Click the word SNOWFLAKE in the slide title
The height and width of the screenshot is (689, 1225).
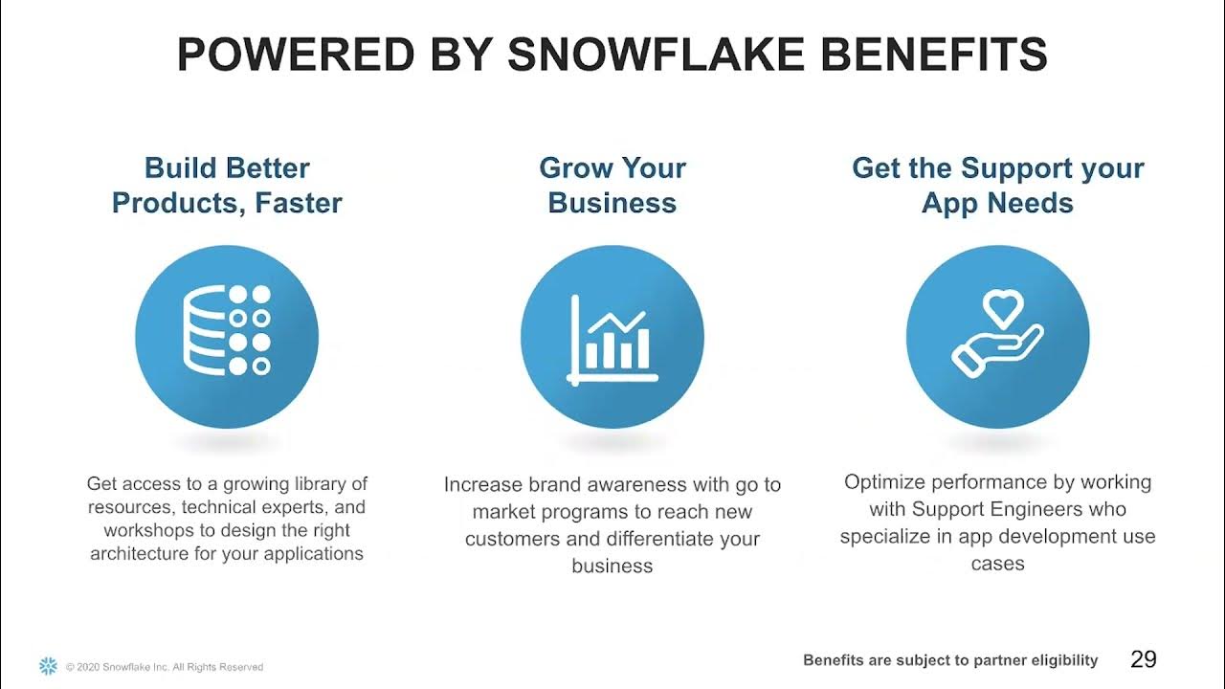pyautogui.click(x=656, y=56)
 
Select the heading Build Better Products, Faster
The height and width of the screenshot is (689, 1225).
pyautogui.click(x=227, y=186)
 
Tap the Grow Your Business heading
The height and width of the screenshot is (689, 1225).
pyautogui.click(x=612, y=186)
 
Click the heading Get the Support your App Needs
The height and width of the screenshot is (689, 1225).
pyautogui.click(x=997, y=186)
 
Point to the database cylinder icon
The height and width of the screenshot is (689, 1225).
pyautogui.click(x=203, y=330)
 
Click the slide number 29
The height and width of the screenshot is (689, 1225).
pyautogui.click(x=1143, y=659)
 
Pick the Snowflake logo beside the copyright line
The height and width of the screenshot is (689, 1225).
pyautogui.click(x=48, y=666)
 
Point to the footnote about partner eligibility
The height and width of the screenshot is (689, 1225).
pyautogui.click(x=950, y=660)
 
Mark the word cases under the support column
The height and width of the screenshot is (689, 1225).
pyautogui.click(x=997, y=563)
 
